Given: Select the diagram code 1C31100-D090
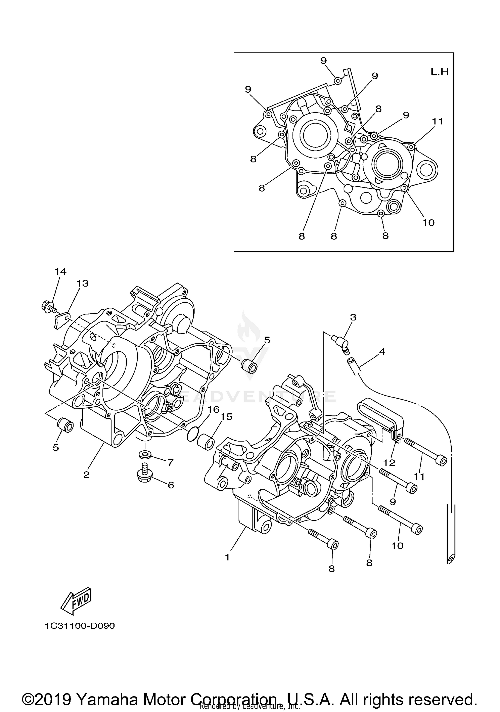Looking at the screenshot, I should click(80, 626).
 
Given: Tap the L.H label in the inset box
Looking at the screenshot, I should click(439, 71).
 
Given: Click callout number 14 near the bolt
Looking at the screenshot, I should click(60, 272).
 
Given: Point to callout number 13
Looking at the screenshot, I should click(82, 283).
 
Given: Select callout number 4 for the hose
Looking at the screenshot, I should click(382, 351).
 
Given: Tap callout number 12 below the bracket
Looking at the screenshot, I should click(389, 463).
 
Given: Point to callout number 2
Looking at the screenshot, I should click(86, 474).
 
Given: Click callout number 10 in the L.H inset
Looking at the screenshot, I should click(429, 222).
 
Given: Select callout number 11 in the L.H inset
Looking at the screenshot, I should click(438, 121).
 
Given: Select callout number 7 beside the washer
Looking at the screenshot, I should click(170, 462).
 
